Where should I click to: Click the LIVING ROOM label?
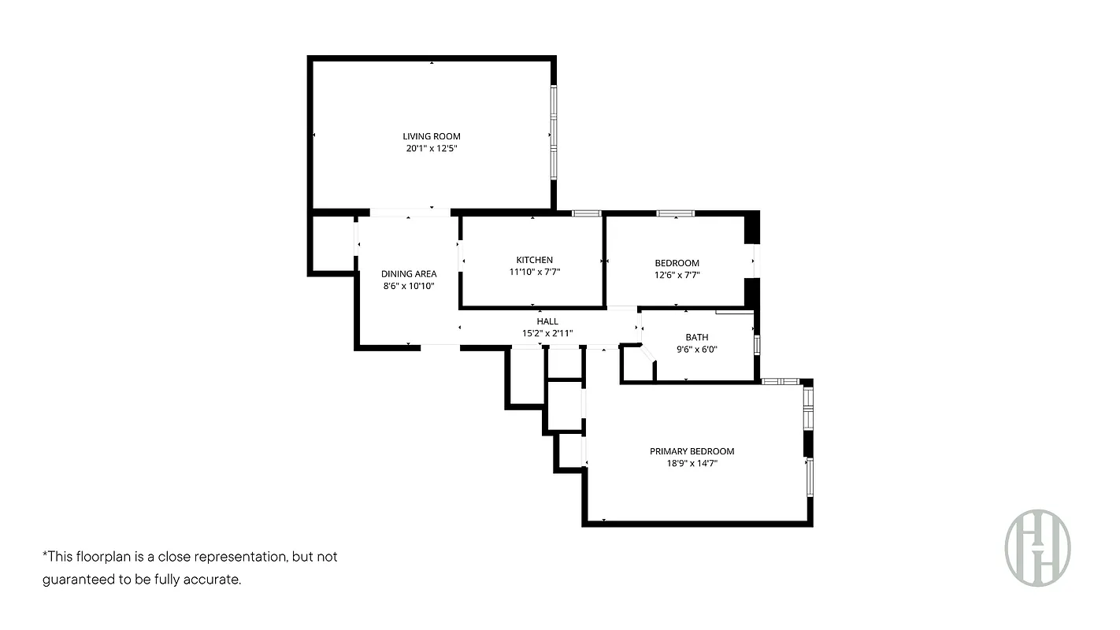431,136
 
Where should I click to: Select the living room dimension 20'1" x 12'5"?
431,148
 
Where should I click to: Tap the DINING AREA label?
409,274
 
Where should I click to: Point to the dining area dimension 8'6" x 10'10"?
409,286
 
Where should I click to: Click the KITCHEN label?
534,260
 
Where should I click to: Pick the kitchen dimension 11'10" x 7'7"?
534,272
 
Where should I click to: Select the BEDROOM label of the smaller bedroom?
677,263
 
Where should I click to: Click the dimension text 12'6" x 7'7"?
677,275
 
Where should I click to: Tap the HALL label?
547,321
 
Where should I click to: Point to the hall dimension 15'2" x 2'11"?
547,333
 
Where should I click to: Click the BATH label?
696,337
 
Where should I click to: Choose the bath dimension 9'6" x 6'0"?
696,349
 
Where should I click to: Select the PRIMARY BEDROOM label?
692,451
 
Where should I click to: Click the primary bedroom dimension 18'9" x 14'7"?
692,464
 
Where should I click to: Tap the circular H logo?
1037,547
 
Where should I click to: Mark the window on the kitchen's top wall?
586,213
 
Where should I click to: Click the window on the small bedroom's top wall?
676,213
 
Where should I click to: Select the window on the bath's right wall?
757,345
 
